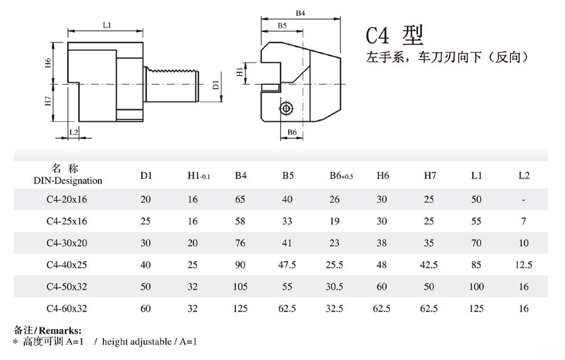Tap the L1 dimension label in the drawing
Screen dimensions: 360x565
pyautogui.click(x=106, y=25)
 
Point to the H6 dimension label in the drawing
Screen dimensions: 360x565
pyautogui.click(x=48, y=63)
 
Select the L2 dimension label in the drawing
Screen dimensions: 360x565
pyautogui.click(x=73, y=132)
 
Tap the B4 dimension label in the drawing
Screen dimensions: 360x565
pyautogui.click(x=300, y=13)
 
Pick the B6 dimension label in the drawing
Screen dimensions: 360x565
pyautogui.click(x=292, y=132)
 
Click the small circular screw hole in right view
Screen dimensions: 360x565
pyautogui.click(x=286, y=109)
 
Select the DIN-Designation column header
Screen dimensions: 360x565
pyautogui.click(x=68, y=181)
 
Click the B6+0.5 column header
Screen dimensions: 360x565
pyautogui.click(x=342, y=176)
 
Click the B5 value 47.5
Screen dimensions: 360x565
pyautogui.click(x=288, y=265)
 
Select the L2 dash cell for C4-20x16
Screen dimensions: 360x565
pyautogui.click(x=524, y=200)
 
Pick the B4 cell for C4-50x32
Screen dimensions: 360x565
pyautogui.click(x=240, y=286)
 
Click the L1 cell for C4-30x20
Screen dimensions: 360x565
pyautogui.click(x=476, y=243)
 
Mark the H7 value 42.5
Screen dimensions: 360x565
pyautogui.click(x=430, y=265)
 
